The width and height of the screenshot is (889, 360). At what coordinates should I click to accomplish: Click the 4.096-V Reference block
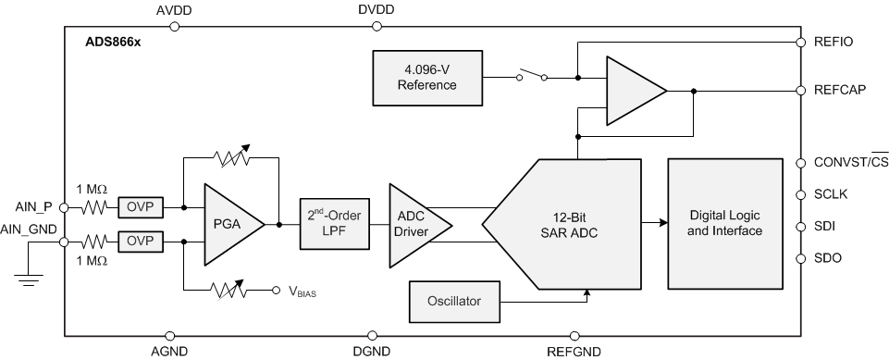point(426,77)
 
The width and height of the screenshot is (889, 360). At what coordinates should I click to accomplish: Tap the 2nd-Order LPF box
point(333,223)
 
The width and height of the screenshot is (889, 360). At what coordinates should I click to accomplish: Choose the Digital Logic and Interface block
point(725,223)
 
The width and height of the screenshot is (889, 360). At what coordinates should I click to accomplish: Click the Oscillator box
point(453,300)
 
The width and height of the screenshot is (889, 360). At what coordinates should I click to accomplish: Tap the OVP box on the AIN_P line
point(141,207)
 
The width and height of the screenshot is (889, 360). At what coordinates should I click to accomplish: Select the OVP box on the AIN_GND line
point(141,242)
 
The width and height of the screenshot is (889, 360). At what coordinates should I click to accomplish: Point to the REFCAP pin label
point(839,91)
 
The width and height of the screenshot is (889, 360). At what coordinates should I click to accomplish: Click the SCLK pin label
point(833,194)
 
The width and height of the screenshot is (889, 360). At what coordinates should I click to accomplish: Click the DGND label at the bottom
point(373,352)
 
